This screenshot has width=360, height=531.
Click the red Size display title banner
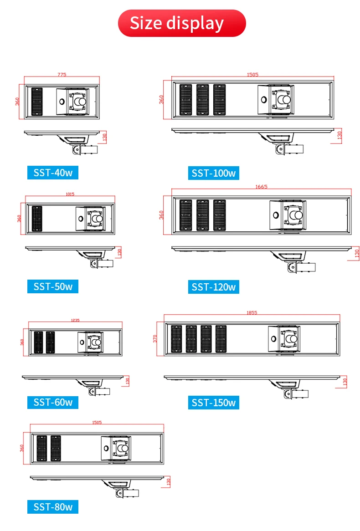pyautogui.click(x=182, y=23)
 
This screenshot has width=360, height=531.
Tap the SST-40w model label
pyautogui.click(x=53, y=173)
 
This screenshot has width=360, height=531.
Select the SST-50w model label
pyautogui.click(x=53, y=286)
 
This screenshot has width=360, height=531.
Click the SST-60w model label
pyautogui.click(x=53, y=402)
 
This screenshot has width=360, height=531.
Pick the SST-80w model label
pyautogui.click(x=53, y=507)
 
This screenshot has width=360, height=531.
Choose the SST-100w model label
pyautogui.click(x=214, y=173)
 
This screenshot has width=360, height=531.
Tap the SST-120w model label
pyautogui.click(x=214, y=287)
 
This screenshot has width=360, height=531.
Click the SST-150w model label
pyautogui.click(x=214, y=403)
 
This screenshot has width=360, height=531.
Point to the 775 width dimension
pyautogui.click(x=62, y=75)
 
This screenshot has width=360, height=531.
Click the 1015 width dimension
pyautogui.click(x=70, y=194)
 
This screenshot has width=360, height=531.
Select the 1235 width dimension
pyautogui.click(x=75, y=320)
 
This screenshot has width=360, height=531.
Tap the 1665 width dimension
pyautogui.click(x=262, y=187)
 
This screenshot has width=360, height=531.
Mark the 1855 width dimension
pyautogui.click(x=252, y=312)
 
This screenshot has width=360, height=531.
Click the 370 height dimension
pyautogui.click(x=155, y=339)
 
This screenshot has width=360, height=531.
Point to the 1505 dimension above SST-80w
pyautogui.click(x=97, y=422)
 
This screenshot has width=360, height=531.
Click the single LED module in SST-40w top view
pyautogui.click(x=37, y=102)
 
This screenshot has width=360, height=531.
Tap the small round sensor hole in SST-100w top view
pyautogui.click(x=263, y=100)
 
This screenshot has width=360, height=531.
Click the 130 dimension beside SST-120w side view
pyautogui.click(x=357, y=254)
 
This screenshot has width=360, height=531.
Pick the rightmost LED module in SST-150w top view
pyautogui.click(x=221, y=339)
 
